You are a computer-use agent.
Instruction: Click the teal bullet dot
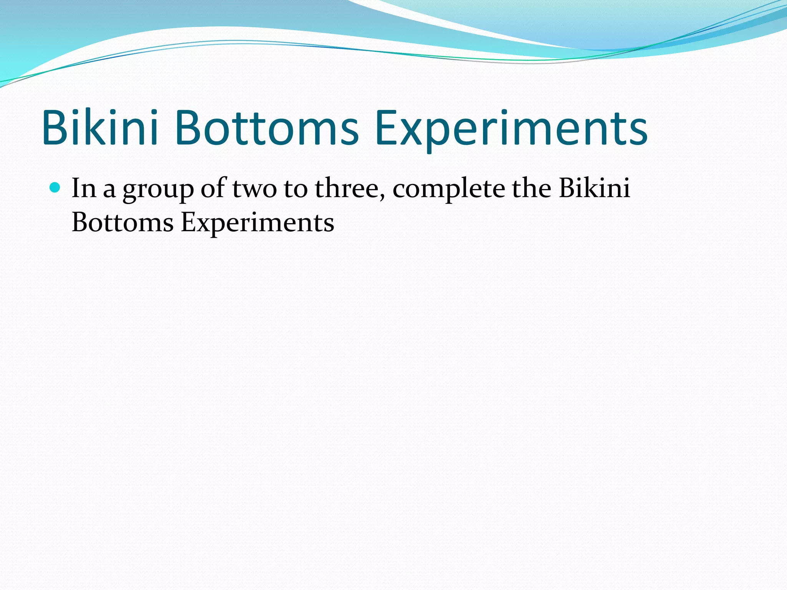tap(55, 188)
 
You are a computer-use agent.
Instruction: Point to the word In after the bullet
tap(84, 188)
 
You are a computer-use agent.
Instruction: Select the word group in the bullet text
tap(158, 191)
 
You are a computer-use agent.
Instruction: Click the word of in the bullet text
tap(214, 188)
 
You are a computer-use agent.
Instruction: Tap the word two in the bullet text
tap(254, 189)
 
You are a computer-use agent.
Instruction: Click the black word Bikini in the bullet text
tap(594, 188)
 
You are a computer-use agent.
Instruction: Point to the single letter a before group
tap(109, 191)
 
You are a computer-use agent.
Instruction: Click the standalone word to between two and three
tap(296, 189)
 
